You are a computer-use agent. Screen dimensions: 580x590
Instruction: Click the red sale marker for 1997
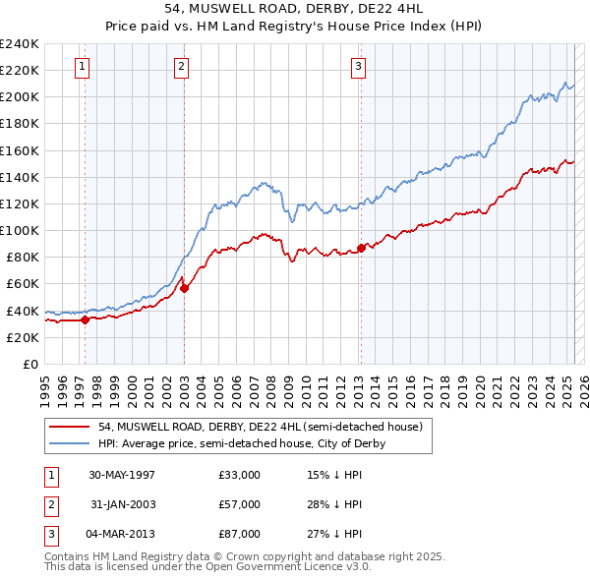coord(86,319)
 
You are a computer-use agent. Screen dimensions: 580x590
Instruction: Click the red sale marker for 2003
coord(184,287)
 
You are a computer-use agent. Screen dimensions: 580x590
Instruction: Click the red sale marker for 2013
coord(361,248)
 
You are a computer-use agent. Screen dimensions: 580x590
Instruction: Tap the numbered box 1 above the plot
coord(82,67)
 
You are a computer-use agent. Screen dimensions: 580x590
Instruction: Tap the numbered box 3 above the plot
coord(358,67)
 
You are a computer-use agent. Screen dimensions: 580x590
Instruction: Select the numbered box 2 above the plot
coord(182,67)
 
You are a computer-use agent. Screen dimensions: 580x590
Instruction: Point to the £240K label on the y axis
coord(20,44)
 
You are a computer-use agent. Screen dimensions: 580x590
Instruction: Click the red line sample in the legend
coord(70,427)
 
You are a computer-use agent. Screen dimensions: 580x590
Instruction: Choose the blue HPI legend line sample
coord(70,443)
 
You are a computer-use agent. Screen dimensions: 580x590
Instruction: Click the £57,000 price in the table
coord(240,504)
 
